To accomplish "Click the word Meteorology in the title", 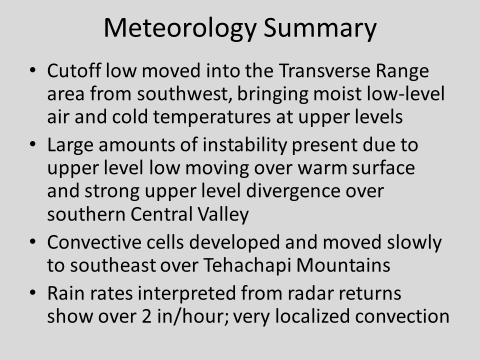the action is [180, 28].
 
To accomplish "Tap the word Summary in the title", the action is [320, 28].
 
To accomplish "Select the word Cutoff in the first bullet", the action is [74, 70].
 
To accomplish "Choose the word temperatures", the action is [212, 117].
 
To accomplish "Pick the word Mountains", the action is [343, 265].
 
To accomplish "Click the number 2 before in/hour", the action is [146, 316].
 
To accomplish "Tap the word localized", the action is [312, 316].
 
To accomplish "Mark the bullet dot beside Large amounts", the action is [33, 144].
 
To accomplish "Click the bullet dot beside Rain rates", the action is [33, 292].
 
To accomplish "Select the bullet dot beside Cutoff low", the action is [33, 70].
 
